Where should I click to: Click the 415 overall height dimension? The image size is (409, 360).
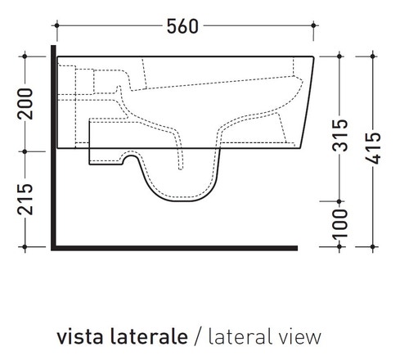click(x=375, y=147)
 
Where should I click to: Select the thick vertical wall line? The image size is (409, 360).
click(x=52, y=147)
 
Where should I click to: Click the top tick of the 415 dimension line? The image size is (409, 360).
click(x=374, y=55)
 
